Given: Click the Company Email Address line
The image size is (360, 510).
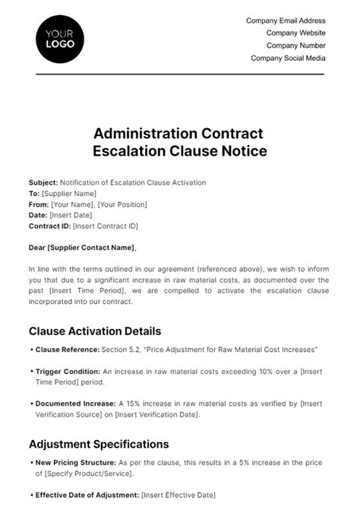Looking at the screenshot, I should [x=286, y=21].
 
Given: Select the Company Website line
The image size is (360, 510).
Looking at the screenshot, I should [x=295, y=33].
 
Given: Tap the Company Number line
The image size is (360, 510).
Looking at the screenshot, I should [x=294, y=46].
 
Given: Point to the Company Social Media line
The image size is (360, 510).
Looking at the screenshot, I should [x=288, y=58].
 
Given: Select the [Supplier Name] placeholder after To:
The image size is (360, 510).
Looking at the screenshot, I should [x=68, y=194].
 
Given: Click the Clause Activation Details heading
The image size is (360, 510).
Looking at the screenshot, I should [x=95, y=331].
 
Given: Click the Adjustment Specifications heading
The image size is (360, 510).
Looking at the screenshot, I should [x=99, y=444].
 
